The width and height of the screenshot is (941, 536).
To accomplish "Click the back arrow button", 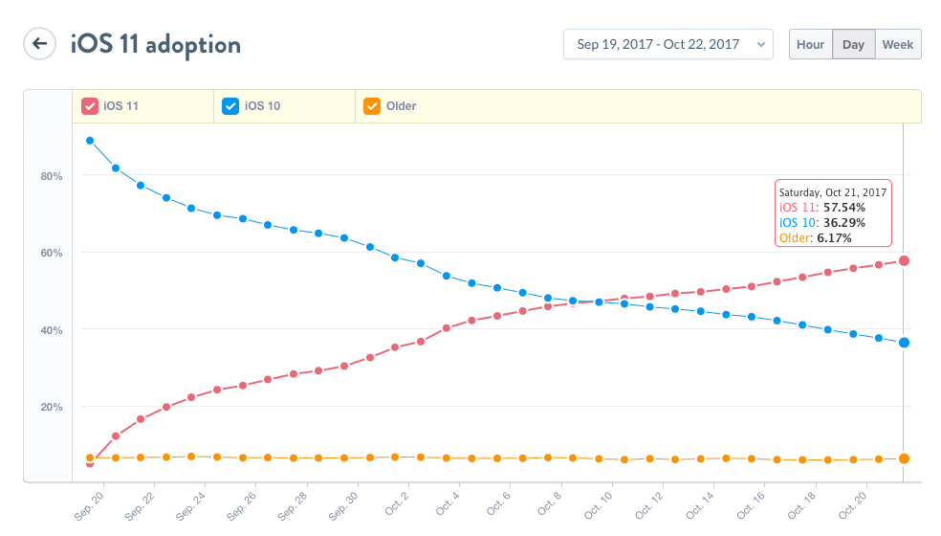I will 39,44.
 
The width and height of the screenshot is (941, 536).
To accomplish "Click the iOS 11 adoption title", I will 156,44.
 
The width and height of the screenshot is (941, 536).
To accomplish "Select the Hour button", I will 810,44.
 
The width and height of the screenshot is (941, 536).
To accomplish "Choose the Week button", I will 898,44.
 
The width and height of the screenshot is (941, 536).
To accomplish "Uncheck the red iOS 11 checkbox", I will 90,106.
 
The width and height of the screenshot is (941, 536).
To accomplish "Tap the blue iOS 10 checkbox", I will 230,106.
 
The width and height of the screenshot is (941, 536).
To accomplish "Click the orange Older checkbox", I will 372,106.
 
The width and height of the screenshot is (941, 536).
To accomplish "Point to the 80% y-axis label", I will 51,176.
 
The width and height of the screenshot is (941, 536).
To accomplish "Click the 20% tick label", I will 51,407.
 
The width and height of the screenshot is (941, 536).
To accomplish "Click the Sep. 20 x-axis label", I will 88,504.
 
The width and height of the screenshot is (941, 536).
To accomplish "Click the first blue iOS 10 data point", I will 90,141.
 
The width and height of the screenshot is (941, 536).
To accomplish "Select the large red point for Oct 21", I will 904,260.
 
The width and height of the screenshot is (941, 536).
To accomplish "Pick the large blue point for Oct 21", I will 904,343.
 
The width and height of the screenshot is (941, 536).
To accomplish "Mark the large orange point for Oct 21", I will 904,458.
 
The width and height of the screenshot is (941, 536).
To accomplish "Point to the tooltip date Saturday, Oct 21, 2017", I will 832,191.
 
